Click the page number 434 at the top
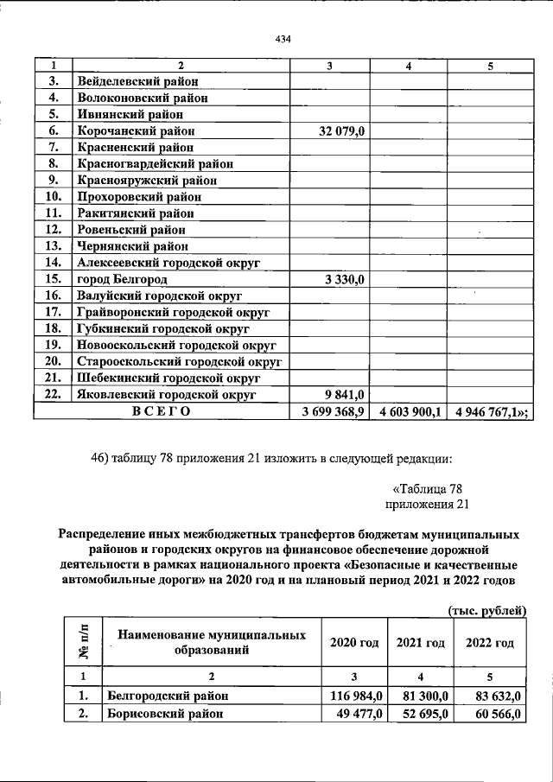282,39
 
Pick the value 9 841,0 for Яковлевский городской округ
347,395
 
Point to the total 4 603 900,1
410,412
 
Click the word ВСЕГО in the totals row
161,412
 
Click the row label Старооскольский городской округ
181,361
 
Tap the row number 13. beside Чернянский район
53,246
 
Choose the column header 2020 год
354,643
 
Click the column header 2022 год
490,643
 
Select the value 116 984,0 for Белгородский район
355,696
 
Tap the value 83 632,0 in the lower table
494,696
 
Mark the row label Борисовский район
164,715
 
